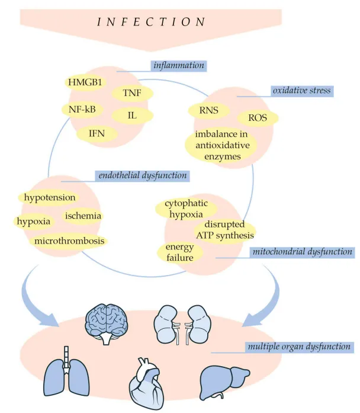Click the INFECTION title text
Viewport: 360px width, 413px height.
pyautogui.click(x=151, y=22)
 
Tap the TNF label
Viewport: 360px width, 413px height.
pyautogui.click(x=132, y=93)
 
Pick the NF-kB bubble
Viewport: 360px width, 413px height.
pyautogui.click(x=82, y=109)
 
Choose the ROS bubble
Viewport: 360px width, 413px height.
pyautogui.click(x=258, y=118)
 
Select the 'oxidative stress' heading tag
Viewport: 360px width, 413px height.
pyautogui.click(x=302, y=91)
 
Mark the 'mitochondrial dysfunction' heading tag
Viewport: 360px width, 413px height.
pyautogui.click(x=303, y=252)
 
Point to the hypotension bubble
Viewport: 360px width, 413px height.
pyautogui.click(x=49, y=196)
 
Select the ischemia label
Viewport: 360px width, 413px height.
pyautogui.click(x=83, y=216)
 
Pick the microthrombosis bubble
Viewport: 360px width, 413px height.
pyautogui.click(x=70, y=241)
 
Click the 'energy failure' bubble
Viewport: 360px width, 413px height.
pyautogui.click(x=176, y=251)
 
